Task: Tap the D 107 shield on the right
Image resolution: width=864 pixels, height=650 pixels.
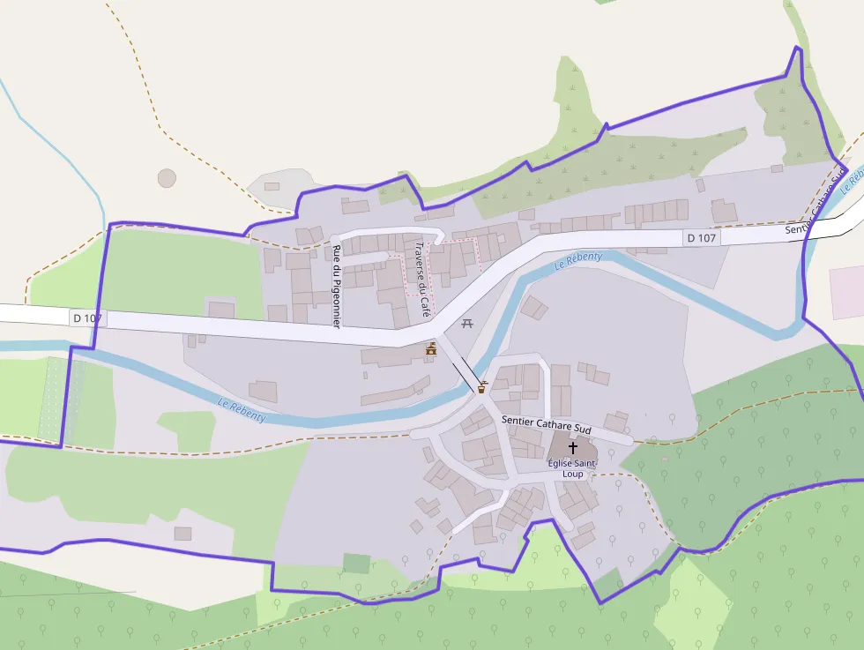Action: [x=702, y=237]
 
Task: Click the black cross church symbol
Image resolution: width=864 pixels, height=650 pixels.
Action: [x=572, y=448]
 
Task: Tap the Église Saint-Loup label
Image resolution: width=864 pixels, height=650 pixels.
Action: [x=572, y=468]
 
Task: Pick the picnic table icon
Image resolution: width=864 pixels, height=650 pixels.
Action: [x=466, y=324]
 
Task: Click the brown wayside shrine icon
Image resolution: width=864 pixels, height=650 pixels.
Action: [x=431, y=350]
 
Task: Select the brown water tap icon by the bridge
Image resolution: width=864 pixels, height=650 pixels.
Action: [x=482, y=386]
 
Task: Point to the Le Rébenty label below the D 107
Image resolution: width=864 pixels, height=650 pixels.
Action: [x=578, y=260]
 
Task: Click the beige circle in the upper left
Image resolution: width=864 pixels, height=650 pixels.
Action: [x=167, y=178]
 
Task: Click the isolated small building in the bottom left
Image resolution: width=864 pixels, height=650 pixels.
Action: [x=182, y=534]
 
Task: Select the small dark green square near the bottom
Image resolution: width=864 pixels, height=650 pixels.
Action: [x=356, y=564]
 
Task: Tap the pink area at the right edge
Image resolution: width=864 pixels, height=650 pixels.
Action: [x=846, y=291]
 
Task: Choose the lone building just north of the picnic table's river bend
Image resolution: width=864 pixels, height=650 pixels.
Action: [x=534, y=308]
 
